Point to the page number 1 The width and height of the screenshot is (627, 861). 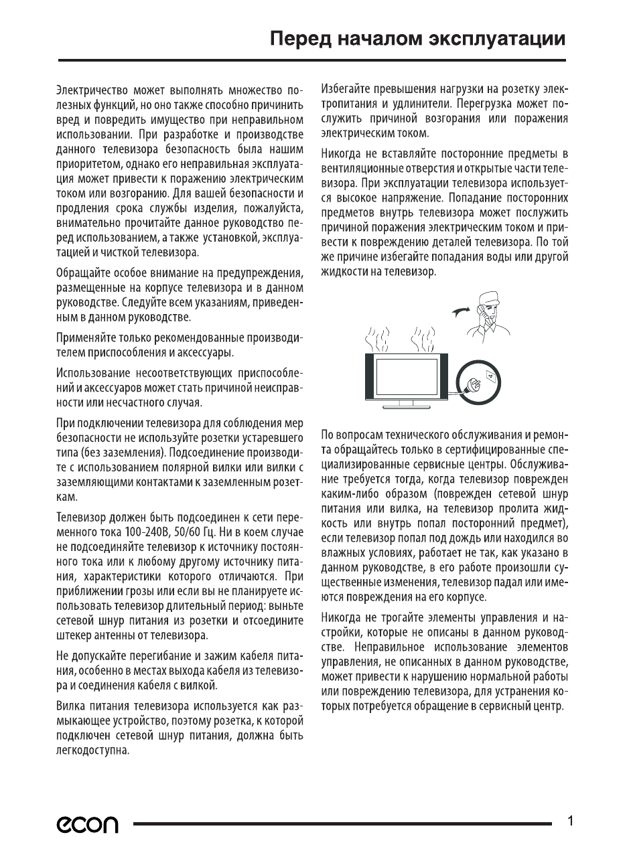tap(569, 821)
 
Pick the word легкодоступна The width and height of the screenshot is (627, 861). tap(92, 751)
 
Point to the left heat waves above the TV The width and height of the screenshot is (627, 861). tap(378, 339)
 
